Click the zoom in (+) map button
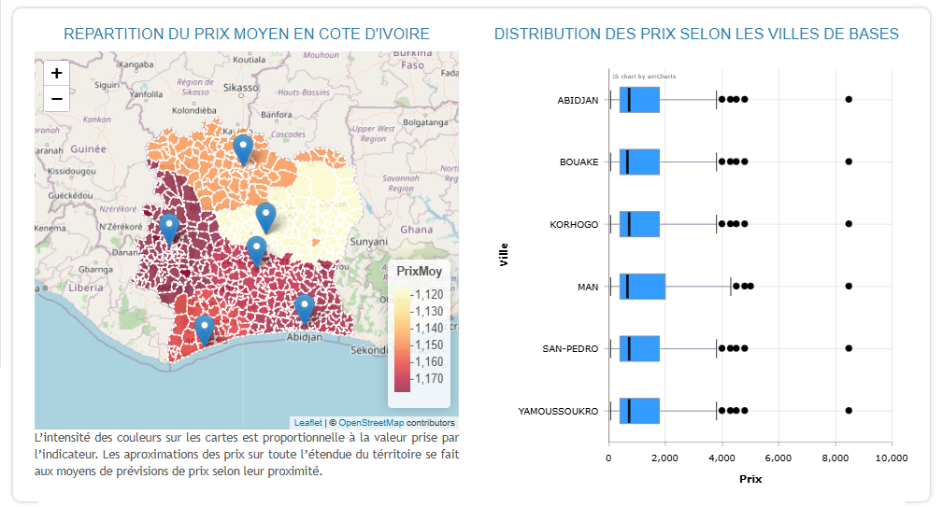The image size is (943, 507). tap(57, 73)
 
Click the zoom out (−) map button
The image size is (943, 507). tap(57, 98)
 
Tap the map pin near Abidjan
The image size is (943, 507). tap(304, 308)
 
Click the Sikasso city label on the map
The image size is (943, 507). tap(240, 87)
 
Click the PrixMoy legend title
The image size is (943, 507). tap(419, 272)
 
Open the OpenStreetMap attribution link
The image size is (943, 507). tap(371, 423)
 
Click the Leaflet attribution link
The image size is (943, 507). tap(307, 423)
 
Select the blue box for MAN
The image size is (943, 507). tap(642, 287)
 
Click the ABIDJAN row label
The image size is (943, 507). tap(578, 100)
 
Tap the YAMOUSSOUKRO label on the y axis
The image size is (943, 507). tap(558, 411)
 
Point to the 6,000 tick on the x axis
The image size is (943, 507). tap(778, 458)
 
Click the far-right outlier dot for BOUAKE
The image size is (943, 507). tap(849, 162)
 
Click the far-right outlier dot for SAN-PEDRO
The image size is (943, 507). tap(849, 348)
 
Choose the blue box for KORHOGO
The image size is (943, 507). tap(639, 224)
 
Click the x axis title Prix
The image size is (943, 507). tap(750, 479)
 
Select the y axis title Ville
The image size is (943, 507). tap(505, 254)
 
